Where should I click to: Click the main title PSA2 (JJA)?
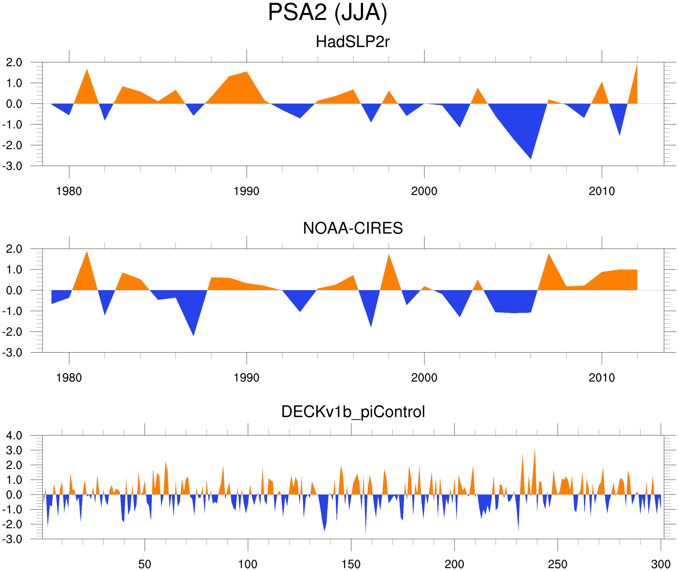coord(327,12)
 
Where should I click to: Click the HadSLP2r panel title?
coord(352,42)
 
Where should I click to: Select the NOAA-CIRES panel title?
coord(353,228)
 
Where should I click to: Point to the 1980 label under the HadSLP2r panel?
coord(69,191)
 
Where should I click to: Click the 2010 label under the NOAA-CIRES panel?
coord(601,378)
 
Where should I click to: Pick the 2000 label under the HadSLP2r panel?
coord(424,191)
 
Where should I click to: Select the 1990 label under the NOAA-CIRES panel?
coord(247,378)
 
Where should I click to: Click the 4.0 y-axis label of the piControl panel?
coord(14,436)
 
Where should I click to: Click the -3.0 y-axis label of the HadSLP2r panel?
coord(12,167)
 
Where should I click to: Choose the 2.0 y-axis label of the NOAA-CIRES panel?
coord(14,249)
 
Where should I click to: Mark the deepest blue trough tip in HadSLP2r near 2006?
coord(531,159)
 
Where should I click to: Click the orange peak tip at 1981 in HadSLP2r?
coord(87,69)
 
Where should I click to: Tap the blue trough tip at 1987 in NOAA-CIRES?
coord(194,335)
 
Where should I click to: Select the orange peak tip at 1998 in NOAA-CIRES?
coord(389,254)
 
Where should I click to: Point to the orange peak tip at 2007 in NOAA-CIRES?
coord(549,254)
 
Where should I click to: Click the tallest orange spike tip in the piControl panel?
coord(535,449)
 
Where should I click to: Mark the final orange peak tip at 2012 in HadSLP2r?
coord(637,64)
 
